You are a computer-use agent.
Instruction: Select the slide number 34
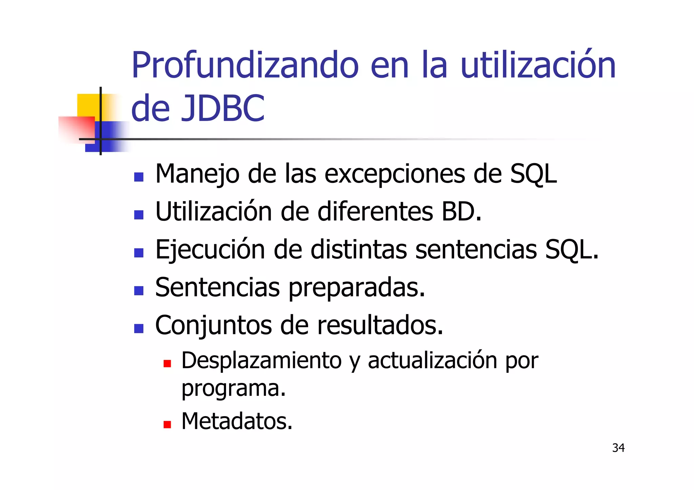pyautogui.click(x=618, y=448)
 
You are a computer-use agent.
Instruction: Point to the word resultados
pyautogui.click(x=380, y=325)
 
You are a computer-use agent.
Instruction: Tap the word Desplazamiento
pyautogui.click(x=261, y=361)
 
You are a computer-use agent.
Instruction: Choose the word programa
pyautogui.click(x=233, y=388)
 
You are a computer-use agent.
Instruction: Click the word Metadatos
pyautogui.click(x=237, y=421)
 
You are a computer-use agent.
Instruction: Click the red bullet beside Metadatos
pyautogui.click(x=167, y=424)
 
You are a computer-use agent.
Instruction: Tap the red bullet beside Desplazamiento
pyautogui.click(x=167, y=364)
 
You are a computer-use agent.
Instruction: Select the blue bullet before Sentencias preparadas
pyautogui.click(x=139, y=291)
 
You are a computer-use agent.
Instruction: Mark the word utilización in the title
pyautogui.click(x=538, y=65)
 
